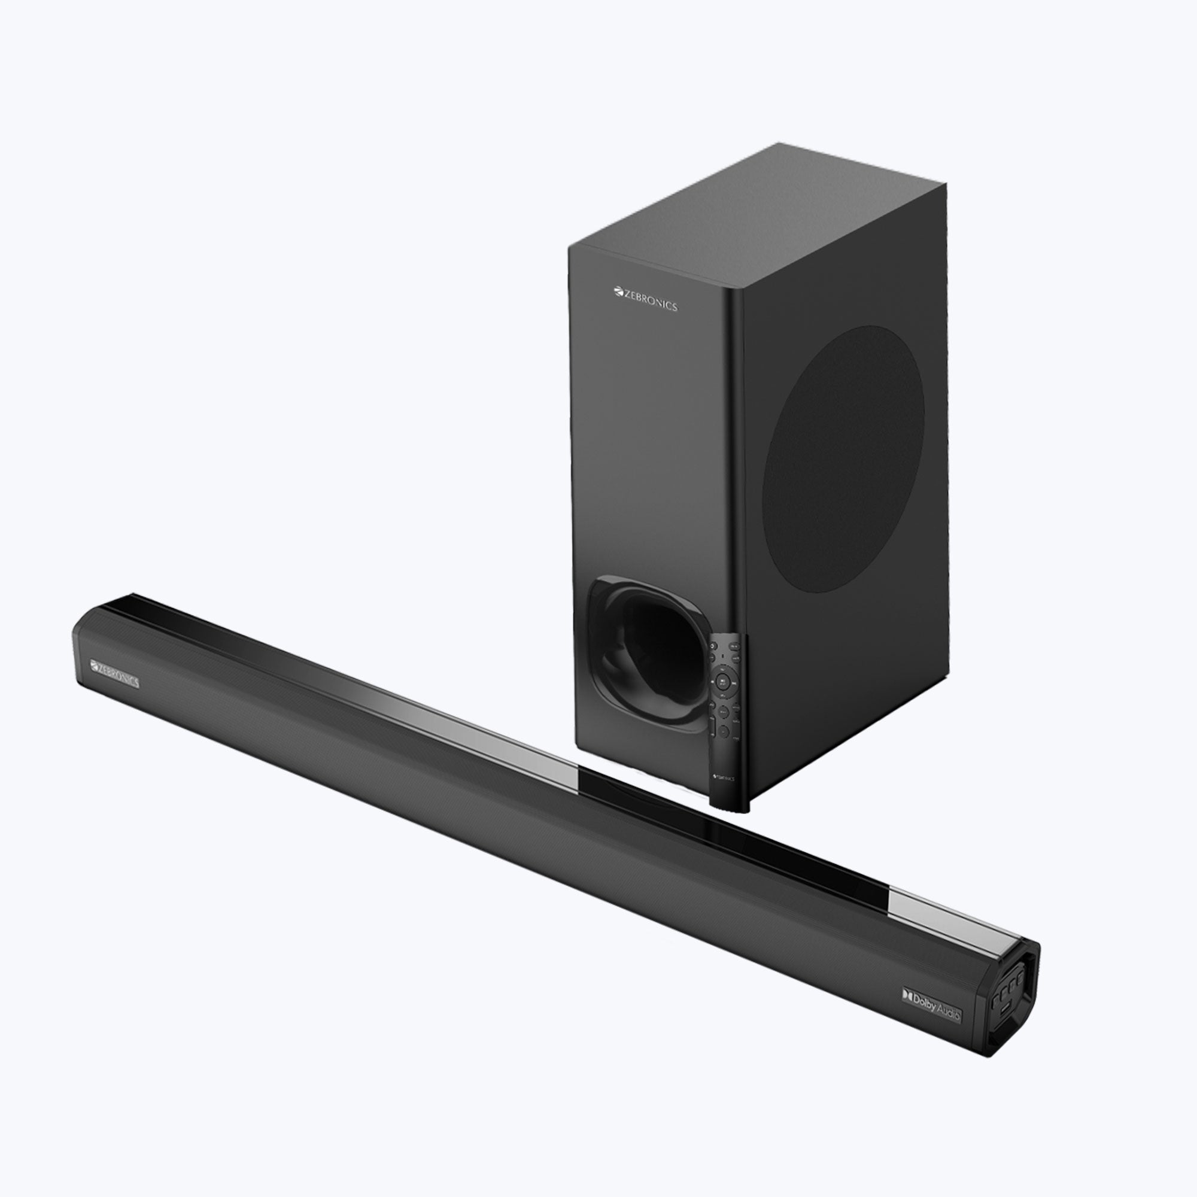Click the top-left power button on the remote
713,646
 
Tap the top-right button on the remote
735,647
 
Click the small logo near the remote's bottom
724,779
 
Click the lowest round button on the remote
724,732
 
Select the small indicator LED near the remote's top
723,656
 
